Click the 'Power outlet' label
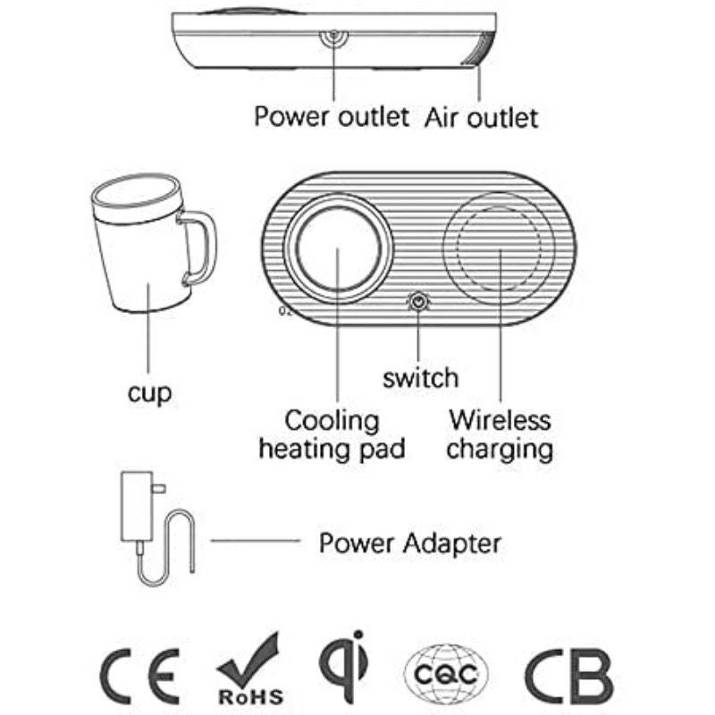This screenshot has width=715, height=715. [x=332, y=116]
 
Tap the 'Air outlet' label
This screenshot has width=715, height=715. [x=481, y=118]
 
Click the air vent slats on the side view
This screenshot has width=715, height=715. [x=480, y=49]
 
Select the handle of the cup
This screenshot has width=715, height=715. [x=200, y=248]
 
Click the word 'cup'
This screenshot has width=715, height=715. [x=149, y=393]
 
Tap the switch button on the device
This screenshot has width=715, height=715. [x=418, y=301]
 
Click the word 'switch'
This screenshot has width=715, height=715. [x=420, y=378]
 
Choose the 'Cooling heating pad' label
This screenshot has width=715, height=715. [x=332, y=434]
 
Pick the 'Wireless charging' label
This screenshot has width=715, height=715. [x=500, y=434]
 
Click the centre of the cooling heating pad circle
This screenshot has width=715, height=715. [x=338, y=248]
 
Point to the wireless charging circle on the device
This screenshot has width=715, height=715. [x=500, y=248]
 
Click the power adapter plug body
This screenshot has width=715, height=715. [x=137, y=506]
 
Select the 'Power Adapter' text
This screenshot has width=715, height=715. [x=409, y=543]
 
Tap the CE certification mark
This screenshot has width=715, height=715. [x=139, y=676]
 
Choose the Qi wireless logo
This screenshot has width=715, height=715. [x=344, y=666]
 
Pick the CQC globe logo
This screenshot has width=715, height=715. [x=446, y=673]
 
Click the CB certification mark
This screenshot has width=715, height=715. [x=568, y=677]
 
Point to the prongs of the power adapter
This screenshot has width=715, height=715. [x=159, y=488]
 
